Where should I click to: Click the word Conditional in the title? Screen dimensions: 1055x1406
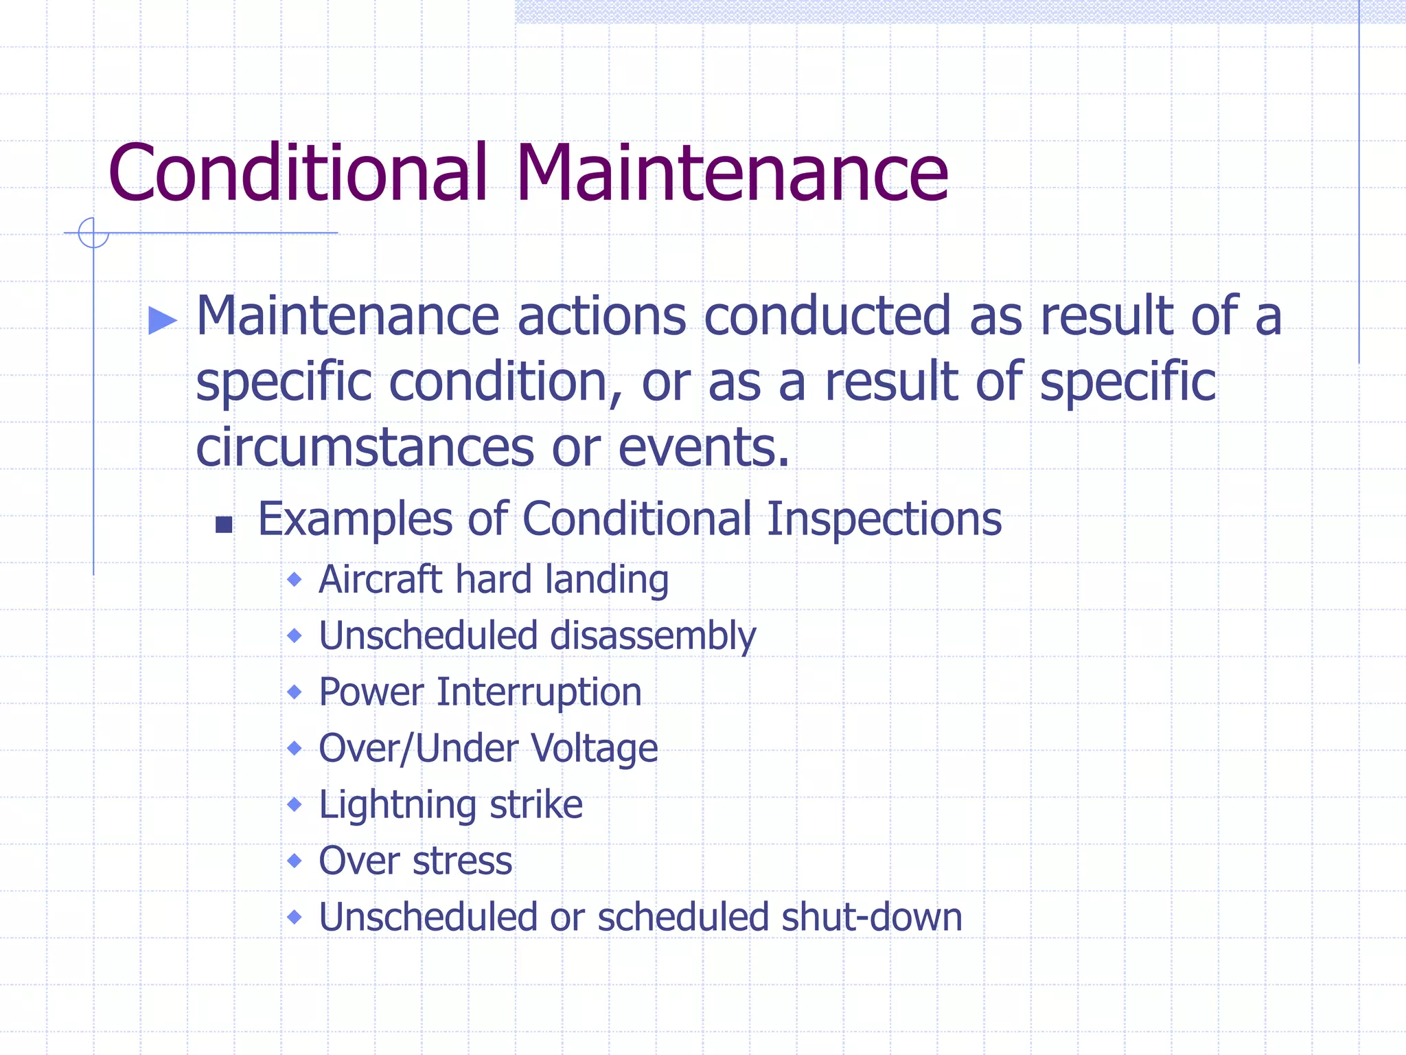coord(297,173)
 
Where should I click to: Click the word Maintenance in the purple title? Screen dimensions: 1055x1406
coord(732,173)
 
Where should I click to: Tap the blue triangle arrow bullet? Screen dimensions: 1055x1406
coord(163,320)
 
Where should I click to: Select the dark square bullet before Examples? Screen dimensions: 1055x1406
coord(224,525)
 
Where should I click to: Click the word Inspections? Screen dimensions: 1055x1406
coord(884,519)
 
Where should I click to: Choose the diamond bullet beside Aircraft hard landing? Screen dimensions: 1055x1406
coord(295,580)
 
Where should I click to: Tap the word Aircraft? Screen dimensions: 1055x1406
coord(380,580)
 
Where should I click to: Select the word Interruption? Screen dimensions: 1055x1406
coord(539,692)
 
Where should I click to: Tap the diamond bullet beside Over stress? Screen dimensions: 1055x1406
coord(295,861)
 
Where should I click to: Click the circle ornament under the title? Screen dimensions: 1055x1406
coord(93,233)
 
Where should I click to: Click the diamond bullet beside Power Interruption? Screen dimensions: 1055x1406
coord(295,692)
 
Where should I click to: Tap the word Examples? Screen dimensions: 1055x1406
coord(354,519)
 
